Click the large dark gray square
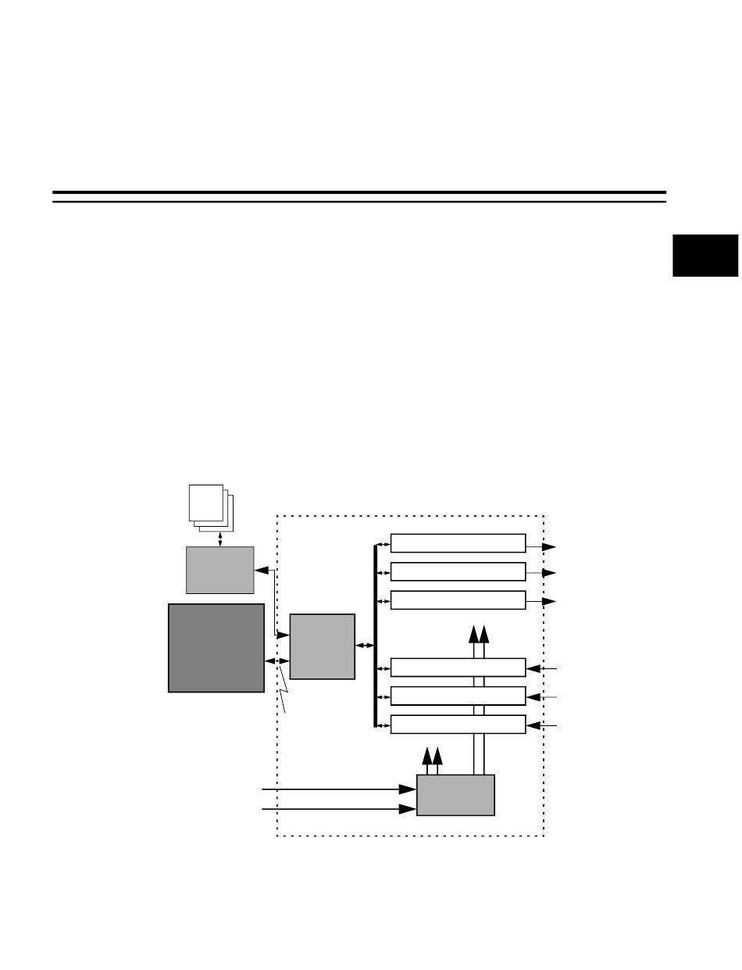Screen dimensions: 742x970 click(216, 647)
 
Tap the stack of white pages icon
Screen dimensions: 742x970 click(208, 506)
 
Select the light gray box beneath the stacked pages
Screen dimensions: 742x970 click(219, 570)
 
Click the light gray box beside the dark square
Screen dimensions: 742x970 click(322, 646)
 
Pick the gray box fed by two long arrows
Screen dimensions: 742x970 click(455, 795)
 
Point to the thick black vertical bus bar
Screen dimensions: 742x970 click(375, 635)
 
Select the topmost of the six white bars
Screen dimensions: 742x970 click(458, 543)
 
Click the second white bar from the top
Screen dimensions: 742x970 click(458, 571)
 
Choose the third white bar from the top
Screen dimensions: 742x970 click(458, 600)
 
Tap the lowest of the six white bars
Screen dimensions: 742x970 click(458, 724)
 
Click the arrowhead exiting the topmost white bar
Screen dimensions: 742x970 click(550, 546)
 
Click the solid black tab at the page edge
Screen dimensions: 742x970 click(705, 254)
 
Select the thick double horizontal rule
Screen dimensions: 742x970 click(359, 196)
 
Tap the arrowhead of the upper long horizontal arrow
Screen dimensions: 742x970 click(408, 789)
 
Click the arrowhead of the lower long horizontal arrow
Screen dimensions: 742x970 click(408, 809)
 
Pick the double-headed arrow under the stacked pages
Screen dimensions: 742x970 click(220, 539)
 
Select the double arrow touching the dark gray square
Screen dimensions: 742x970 click(276, 662)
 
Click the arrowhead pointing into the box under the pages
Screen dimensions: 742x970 click(262, 571)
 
